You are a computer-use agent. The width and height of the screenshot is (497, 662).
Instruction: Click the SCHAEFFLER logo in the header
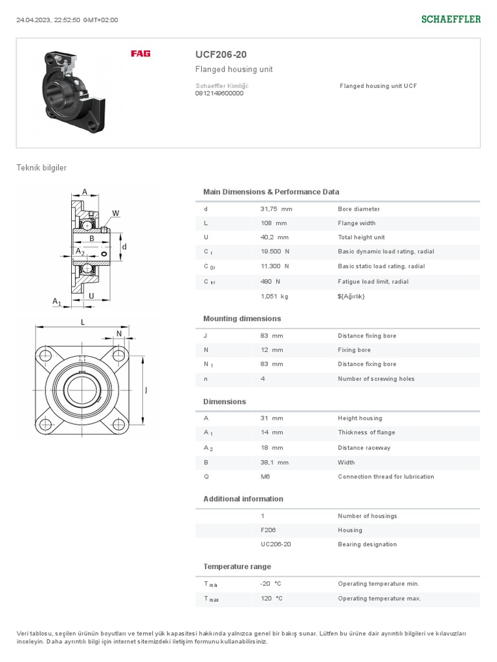pyautogui.click(x=451, y=19)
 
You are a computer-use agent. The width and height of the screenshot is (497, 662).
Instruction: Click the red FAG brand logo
pyautogui.click(x=140, y=54)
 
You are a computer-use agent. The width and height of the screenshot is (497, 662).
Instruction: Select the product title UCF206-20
pyautogui.click(x=221, y=54)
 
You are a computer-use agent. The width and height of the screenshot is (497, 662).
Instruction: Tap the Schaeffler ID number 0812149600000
pyautogui.click(x=219, y=93)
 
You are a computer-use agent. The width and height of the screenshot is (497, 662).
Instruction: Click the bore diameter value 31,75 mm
pyautogui.click(x=276, y=209)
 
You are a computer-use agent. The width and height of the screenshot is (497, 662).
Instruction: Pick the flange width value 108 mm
pyautogui.click(x=273, y=223)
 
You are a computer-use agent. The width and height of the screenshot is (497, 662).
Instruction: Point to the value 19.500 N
pyautogui.click(x=275, y=251)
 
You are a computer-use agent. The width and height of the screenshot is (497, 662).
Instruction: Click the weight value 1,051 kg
pyautogui.click(x=274, y=296)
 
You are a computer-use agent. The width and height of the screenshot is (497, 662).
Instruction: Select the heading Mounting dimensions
pyautogui.click(x=242, y=319)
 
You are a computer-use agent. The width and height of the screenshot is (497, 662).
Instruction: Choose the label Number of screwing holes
pyautogui.click(x=376, y=379)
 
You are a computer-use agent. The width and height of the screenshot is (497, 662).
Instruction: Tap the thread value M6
pyautogui.click(x=265, y=476)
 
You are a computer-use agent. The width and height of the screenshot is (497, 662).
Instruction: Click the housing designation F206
pyautogui.click(x=268, y=530)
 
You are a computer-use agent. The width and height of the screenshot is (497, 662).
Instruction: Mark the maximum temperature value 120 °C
pyautogui.click(x=271, y=599)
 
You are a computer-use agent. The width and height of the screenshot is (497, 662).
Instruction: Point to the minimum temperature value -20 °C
pyautogui.click(x=271, y=584)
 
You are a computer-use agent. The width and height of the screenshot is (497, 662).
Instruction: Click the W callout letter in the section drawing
pyautogui.click(x=116, y=213)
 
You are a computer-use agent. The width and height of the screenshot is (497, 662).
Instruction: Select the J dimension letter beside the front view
pyautogui.click(x=146, y=390)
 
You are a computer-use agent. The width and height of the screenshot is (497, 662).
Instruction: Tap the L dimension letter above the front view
pyautogui.click(x=83, y=321)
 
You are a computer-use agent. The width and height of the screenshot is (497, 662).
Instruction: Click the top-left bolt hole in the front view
pyautogui.click(x=45, y=355)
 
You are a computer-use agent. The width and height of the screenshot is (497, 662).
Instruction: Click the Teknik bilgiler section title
pyautogui.click(x=41, y=168)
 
